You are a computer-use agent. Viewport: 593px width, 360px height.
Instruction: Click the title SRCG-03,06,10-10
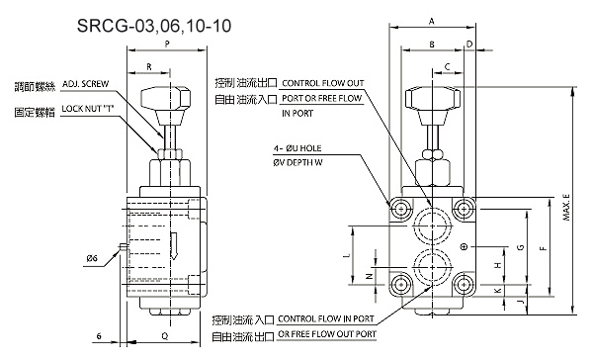(x=154, y=26)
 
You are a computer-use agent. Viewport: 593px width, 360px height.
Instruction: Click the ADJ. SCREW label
(x=85, y=84)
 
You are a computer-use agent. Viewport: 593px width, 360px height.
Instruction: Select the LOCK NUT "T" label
(x=88, y=109)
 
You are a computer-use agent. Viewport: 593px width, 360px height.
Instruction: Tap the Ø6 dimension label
(x=92, y=258)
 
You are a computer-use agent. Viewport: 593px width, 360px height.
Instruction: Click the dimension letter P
(x=167, y=45)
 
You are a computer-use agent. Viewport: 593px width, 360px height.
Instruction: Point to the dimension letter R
(x=149, y=67)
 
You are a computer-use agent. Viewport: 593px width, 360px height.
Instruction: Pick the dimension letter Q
(x=165, y=336)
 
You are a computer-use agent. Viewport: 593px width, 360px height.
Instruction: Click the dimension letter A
(x=432, y=21)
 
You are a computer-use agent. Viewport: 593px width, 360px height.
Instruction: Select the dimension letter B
(x=432, y=45)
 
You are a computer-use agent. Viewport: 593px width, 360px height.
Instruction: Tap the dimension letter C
(x=448, y=67)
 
